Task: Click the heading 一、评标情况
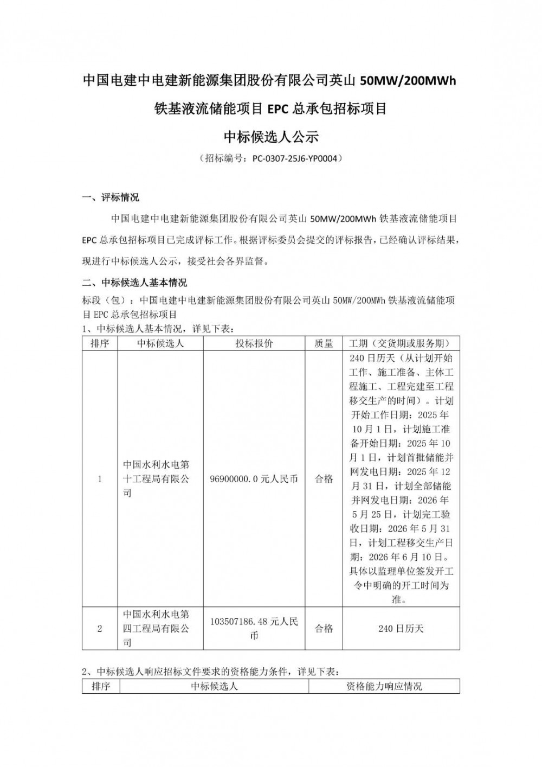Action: (111, 197)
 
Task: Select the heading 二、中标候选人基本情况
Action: (134, 283)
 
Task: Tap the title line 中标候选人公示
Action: (271, 137)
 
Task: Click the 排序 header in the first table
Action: (100, 343)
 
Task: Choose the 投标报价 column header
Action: (254, 343)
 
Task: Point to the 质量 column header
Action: (324, 343)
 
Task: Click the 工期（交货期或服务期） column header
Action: (401, 343)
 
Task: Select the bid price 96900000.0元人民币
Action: (254, 479)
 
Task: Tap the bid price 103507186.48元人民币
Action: (254, 629)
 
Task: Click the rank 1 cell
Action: (100, 479)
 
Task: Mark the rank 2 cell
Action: (100, 629)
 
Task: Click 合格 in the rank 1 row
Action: (324, 479)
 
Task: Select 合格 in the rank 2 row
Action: (324, 629)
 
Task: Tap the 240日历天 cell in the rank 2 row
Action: (401, 629)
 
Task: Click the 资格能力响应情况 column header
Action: (384, 686)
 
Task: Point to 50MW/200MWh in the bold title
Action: (409, 81)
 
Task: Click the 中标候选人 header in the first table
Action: (160, 343)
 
